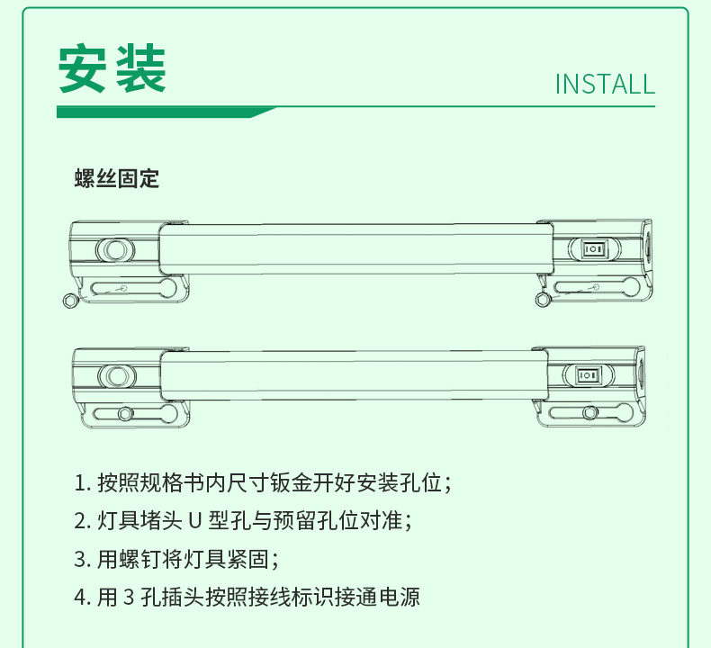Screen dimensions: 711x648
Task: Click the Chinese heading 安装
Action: click(x=112, y=68)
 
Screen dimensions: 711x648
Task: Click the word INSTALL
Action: click(x=606, y=85)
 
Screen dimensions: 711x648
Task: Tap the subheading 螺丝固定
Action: click(x=117, y=179)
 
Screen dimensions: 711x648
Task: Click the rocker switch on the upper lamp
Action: click(x=593, y=249)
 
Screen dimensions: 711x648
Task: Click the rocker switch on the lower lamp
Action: click(x=587, y=375)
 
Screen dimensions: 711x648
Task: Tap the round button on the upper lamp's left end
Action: click(x=115, y=249)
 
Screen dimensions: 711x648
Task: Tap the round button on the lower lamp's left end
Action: click(x=117, y=376)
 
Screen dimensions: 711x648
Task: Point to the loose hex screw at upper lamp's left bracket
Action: click(x=70, y=301)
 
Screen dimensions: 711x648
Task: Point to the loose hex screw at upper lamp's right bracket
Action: click(x=543, y=299)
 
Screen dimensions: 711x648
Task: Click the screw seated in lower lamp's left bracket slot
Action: click(x=125, y=414)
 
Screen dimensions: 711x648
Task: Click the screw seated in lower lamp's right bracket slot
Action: click(x=589, y=413)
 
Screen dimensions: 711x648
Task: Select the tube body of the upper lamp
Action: click(x=356, y=248)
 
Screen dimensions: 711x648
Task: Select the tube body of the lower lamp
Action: click(x=354, y=375)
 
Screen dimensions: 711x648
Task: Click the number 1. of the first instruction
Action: click(x=84, y=483)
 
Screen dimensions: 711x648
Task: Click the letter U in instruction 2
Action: click(x=195, y=521)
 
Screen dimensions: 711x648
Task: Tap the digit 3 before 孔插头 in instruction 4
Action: click(x=129, y=598)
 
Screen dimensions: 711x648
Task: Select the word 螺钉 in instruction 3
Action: click(x=140, y=559)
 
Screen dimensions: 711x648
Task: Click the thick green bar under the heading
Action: click(x=166, y=112)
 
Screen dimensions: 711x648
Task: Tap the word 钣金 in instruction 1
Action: click(x=292, y=482)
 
